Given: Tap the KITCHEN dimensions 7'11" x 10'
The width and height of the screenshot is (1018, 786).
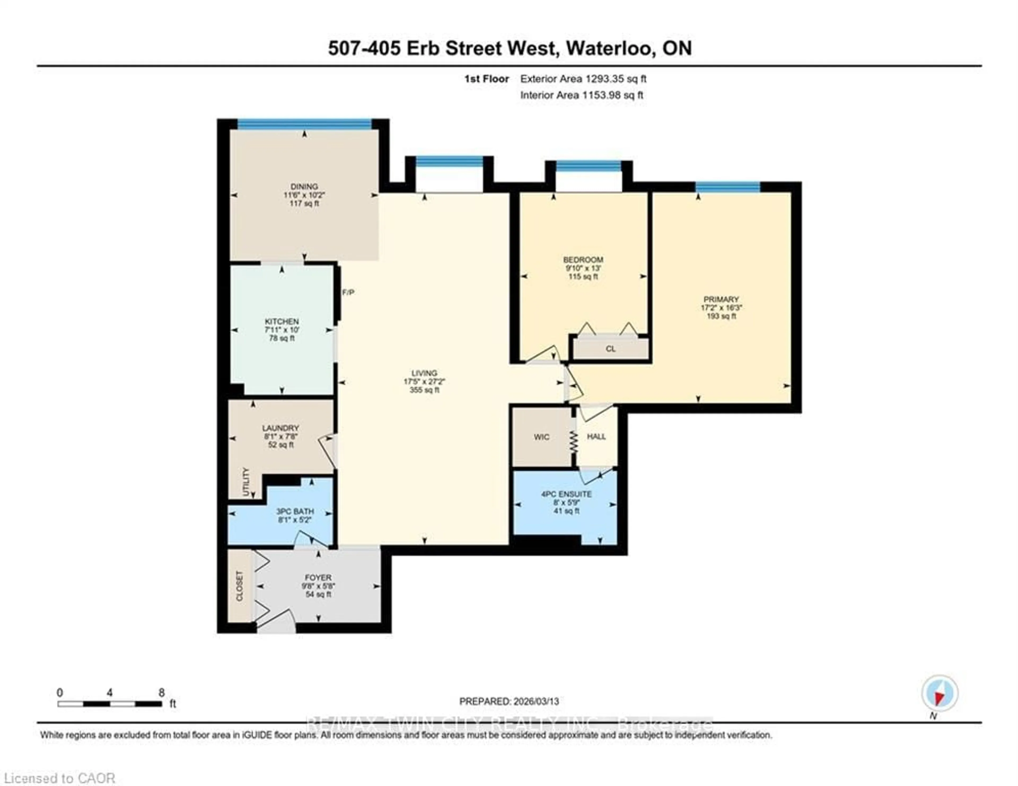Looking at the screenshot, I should coord(282,330).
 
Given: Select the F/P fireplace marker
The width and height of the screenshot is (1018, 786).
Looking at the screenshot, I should coord(348,292).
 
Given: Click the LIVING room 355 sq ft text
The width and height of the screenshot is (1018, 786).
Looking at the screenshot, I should coord(424,390).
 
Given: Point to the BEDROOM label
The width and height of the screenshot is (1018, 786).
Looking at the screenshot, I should coord(583,260).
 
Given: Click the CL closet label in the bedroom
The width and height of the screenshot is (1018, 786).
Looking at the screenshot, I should coord(610,349).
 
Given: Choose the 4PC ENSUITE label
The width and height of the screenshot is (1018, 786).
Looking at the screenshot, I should coord(566,494).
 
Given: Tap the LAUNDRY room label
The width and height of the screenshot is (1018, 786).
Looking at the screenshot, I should coord(280,428).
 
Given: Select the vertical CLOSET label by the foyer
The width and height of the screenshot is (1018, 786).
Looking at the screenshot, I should coord(240,586).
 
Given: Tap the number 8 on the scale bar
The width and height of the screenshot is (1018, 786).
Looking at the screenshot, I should coord(161,692).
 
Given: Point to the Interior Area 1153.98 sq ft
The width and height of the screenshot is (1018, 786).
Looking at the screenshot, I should coord(581,95).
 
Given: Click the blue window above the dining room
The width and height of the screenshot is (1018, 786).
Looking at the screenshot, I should coord(304,124).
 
